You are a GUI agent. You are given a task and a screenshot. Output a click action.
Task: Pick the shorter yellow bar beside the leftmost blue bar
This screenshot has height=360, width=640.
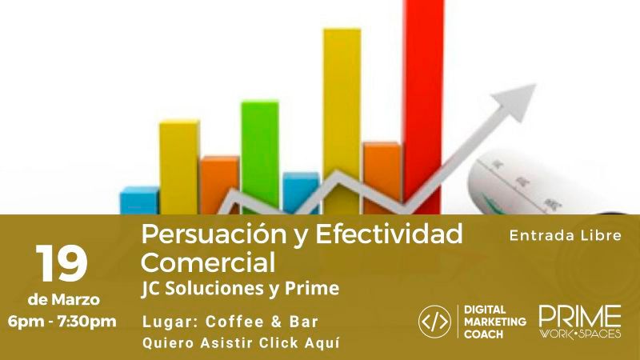point(178,166)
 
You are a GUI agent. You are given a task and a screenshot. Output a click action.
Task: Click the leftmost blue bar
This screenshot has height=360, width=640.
point(138,200)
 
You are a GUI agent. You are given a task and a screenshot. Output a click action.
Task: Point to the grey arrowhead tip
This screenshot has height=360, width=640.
point(535,85)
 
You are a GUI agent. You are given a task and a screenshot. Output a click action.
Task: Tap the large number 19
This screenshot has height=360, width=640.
point(62,263)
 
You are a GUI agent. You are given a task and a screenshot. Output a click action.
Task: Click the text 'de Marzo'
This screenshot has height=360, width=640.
point(64,300)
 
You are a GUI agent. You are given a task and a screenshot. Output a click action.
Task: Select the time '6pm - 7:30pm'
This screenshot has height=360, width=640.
point(62,322)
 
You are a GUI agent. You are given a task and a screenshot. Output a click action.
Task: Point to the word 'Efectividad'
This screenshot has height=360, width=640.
point(389,234)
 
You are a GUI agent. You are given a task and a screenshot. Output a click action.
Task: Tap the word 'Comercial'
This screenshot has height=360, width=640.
point(208,262)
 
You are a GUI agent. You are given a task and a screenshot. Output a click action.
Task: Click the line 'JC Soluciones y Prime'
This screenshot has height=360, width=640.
point(241,289)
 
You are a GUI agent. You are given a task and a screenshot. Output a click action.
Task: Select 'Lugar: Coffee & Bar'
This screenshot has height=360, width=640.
point(230,322)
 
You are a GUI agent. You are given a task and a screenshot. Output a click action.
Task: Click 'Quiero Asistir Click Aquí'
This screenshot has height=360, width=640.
point(241,342)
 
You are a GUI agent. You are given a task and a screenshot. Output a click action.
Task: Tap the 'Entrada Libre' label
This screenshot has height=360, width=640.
point(566,235)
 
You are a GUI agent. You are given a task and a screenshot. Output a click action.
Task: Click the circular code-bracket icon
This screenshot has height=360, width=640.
point(434,322)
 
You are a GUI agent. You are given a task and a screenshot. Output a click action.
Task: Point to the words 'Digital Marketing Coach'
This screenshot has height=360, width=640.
point(495,322)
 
